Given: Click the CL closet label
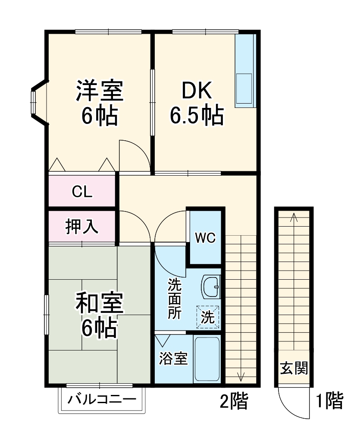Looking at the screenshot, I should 82,191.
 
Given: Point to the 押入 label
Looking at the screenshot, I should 82,227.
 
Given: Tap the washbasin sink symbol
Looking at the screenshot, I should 211,286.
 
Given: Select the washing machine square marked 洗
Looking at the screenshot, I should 208,318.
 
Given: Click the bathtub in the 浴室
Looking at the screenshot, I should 207,359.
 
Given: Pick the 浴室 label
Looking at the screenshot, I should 173,359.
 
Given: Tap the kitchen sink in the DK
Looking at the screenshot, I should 244,89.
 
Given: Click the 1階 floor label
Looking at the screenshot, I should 330,401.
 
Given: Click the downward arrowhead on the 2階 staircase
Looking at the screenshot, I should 241,376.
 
